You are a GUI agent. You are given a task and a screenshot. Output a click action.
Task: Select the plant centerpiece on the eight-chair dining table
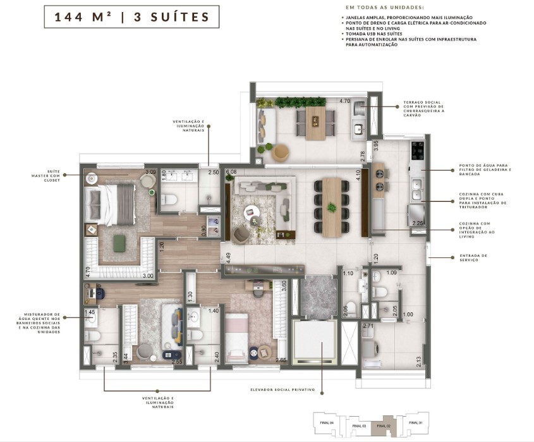pos(331,207)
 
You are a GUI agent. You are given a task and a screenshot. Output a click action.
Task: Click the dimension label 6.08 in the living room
pos(231,172)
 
